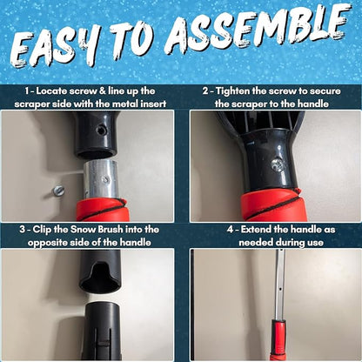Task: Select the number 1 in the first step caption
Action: (29, 90)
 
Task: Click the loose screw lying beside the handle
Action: (58, 191)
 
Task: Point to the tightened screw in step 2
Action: (277, 164)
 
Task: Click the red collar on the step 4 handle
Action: (278, 339)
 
